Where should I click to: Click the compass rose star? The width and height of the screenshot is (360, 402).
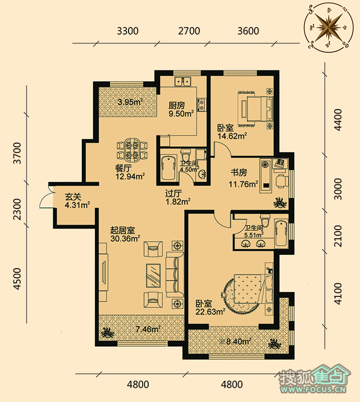coord(329,27)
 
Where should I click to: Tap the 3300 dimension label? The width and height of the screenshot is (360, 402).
coord(128,31)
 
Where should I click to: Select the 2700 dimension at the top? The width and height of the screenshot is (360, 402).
coord(189,31)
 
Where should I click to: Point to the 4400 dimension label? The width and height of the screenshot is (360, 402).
coord(338,120)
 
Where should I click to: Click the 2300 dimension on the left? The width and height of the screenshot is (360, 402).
coord(17,209)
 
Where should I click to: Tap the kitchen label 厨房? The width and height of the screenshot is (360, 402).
coord(177,106)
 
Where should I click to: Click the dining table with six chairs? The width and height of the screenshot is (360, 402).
coord(132,150)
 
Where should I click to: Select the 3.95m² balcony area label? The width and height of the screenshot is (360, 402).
coord(130,102)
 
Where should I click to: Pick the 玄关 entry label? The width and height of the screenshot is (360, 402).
coord(73,196)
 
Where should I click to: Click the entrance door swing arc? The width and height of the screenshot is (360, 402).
coord(44,197)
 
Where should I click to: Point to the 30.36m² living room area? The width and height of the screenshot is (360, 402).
coord(126,239)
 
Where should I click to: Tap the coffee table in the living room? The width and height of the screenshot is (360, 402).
coord(154,275)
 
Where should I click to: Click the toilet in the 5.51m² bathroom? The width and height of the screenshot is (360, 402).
coord(265,221)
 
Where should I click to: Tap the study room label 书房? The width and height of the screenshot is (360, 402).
coord(238,172)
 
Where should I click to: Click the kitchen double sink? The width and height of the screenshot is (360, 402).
coord(183,81)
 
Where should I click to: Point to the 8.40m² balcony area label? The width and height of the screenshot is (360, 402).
coord(235,342)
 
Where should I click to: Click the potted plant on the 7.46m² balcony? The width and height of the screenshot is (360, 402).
coord(107,333)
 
